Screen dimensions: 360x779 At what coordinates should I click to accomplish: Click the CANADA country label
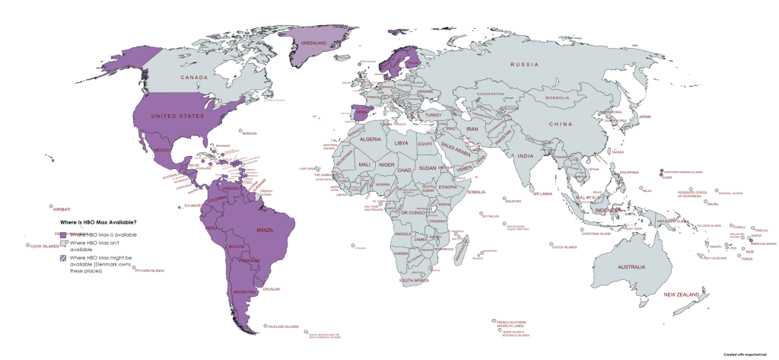(194, 78)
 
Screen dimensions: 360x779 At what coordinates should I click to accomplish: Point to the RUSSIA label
(524, 65)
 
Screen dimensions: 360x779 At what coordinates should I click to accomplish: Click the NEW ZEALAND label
(681, 294)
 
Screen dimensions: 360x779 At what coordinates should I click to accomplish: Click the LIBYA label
(401, 142)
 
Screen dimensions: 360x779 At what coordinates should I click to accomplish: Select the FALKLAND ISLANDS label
(281, 327)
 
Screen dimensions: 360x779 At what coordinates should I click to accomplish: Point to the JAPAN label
(644, 116)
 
